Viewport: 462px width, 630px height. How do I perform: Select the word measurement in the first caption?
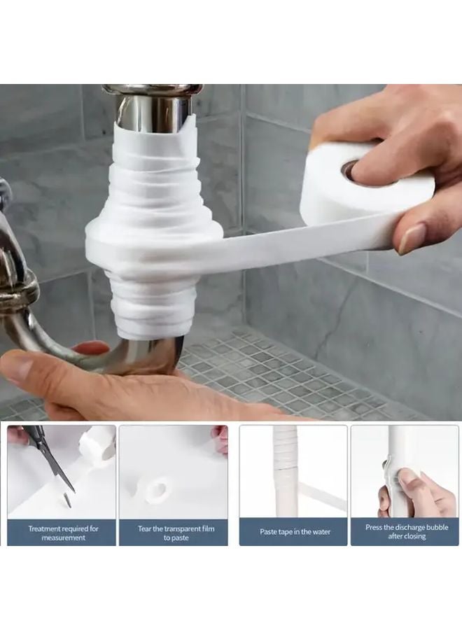pos(64,538)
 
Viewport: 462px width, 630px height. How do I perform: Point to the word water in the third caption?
pos(321,532)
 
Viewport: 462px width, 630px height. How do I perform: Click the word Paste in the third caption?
pos(269,532)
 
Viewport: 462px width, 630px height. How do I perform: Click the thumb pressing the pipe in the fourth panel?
pos(407,477)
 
